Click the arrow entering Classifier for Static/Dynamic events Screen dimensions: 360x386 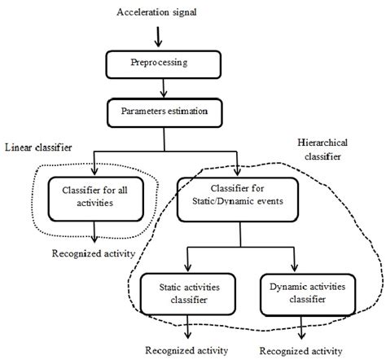click(238, 167)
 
